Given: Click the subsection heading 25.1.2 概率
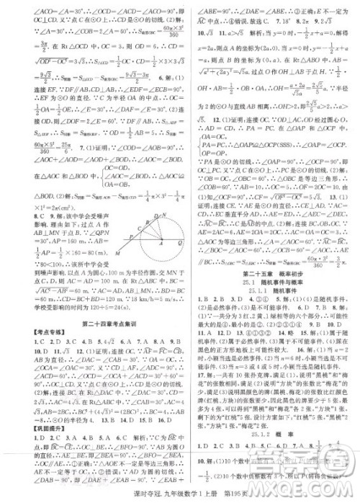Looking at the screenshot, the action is (x=271, y=436).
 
